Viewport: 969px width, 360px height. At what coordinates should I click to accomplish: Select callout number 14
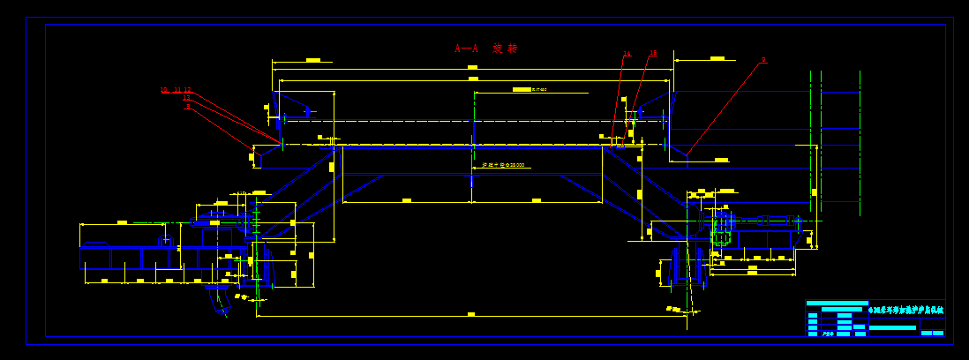[627, 54]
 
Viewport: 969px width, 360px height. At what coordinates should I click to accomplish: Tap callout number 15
[653, 54]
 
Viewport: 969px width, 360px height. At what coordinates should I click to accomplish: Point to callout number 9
[763, 61]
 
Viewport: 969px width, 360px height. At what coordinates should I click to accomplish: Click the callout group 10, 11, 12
[176, 90]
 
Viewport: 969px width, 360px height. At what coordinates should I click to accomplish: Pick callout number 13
[186, 98]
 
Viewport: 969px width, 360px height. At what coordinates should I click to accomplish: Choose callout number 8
[188, 106]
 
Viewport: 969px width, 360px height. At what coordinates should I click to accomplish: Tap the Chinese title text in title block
[906, 310]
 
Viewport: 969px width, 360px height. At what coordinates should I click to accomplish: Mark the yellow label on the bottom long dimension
[471, 314]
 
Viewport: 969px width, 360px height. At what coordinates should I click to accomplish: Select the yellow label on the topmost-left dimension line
[312, 60]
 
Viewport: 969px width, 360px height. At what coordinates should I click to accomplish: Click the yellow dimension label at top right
[717, 58]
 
